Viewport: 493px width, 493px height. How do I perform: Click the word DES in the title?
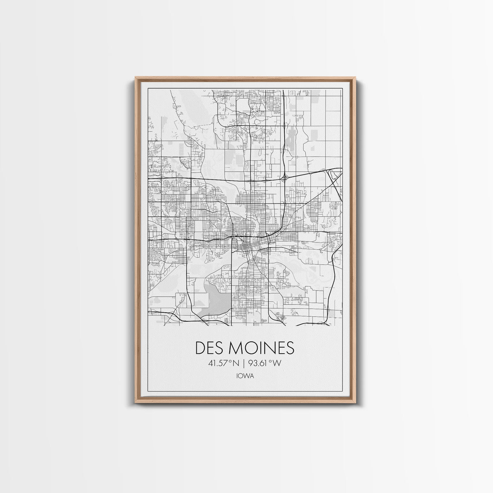209,348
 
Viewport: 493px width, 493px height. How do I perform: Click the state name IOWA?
245,376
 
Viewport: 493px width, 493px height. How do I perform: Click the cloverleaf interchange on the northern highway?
284,177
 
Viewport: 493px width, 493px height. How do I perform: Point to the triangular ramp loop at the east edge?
335,176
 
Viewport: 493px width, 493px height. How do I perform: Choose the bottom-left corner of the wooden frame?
136,401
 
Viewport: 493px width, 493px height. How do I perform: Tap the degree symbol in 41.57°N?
230,361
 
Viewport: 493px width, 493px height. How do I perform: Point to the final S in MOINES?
290,348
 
